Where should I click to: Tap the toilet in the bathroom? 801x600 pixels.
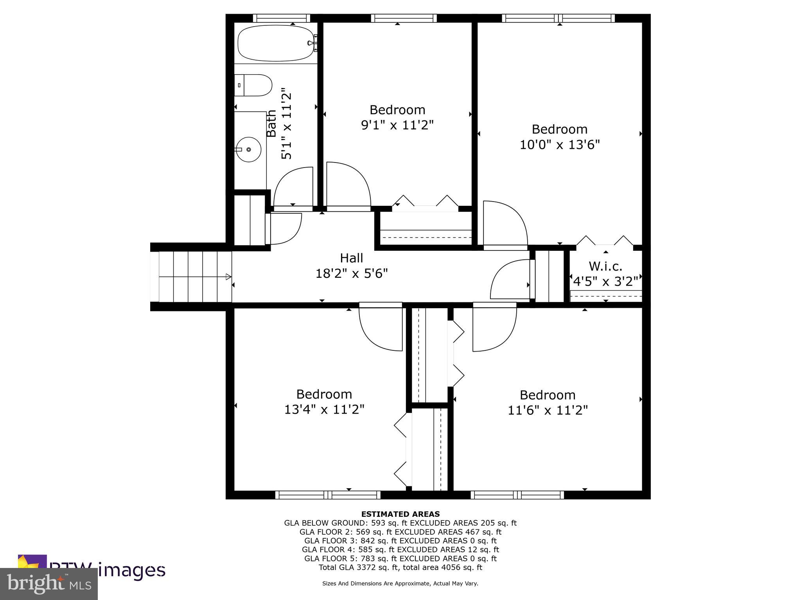point(254,85)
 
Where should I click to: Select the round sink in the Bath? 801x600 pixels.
point(249,149)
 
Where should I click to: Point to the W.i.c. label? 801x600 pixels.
point(605,266)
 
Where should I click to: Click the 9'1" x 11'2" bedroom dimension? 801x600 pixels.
point(397,125)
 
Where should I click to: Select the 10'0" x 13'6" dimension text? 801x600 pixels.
point(559,145)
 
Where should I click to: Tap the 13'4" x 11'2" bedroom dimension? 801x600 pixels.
point(324,409)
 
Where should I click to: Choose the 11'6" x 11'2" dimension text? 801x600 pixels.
point(548,410)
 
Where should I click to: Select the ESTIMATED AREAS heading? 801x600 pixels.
point(400,514)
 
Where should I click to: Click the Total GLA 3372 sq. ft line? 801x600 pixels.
point(400,567)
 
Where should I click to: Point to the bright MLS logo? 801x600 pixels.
point(49,584)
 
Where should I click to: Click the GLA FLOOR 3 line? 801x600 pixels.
point(400,541)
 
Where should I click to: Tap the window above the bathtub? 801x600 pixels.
point(281,18)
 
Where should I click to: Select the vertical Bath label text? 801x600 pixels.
point(271,123)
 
